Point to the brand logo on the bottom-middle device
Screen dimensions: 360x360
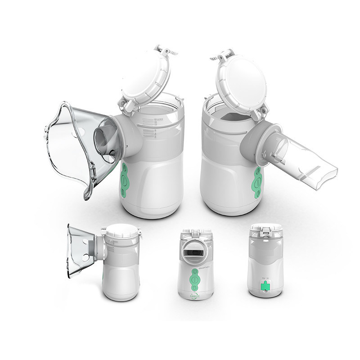click(x=192, y=295)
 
